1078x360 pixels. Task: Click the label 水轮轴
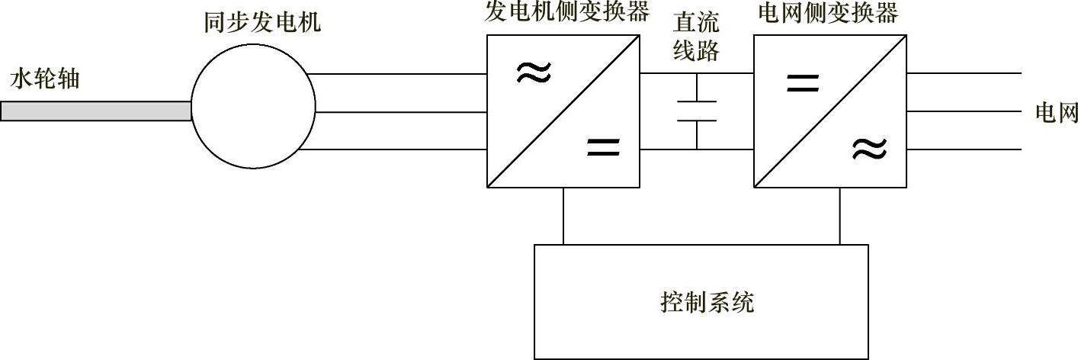tap(44, 79)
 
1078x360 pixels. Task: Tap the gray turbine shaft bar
tap(95, 111)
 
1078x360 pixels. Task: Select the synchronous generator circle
tap(252, 111)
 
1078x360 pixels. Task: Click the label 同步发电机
tap(262, 23)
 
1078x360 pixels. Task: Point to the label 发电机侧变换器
tap(567, 12)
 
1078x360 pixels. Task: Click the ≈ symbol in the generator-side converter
tap(533, 73)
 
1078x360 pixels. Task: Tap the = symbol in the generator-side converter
tap(603, 146)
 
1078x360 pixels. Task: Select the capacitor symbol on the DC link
tap(697, 111)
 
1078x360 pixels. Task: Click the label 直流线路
tap(697, 38)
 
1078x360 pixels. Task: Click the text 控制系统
tap(707, 303)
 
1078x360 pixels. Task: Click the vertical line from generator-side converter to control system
tap(563, 216)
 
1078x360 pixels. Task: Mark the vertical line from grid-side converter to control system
tap(840, 216)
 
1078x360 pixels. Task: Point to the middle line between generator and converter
tap(400, 112)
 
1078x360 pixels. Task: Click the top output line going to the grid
tap(964, 74)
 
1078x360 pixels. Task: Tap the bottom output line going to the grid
tap(964, 150)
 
